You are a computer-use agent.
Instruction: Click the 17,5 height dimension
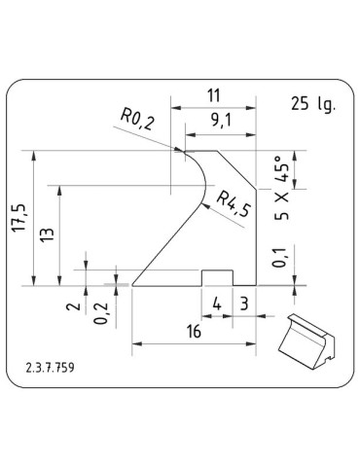pos(19,218)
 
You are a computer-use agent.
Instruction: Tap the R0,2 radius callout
pos(137,120)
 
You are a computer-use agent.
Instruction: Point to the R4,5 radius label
pos(234,204)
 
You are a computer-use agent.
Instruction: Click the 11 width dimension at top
pos(213,95)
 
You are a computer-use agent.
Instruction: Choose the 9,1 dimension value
pos(221,122)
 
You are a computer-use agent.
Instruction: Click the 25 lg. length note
pos(312,104)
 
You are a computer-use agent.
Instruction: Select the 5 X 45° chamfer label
pos(281,188)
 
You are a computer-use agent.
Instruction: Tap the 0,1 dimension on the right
pos(279,258)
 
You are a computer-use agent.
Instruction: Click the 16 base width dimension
pos(194,332)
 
